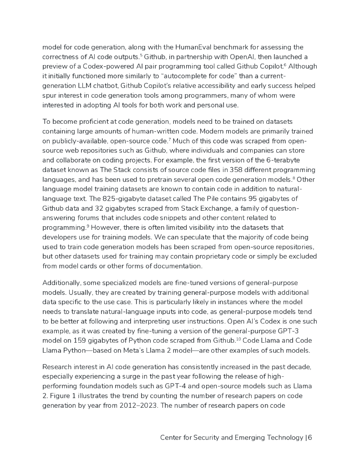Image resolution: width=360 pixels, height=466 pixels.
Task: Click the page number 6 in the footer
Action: (x=310, y=437)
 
